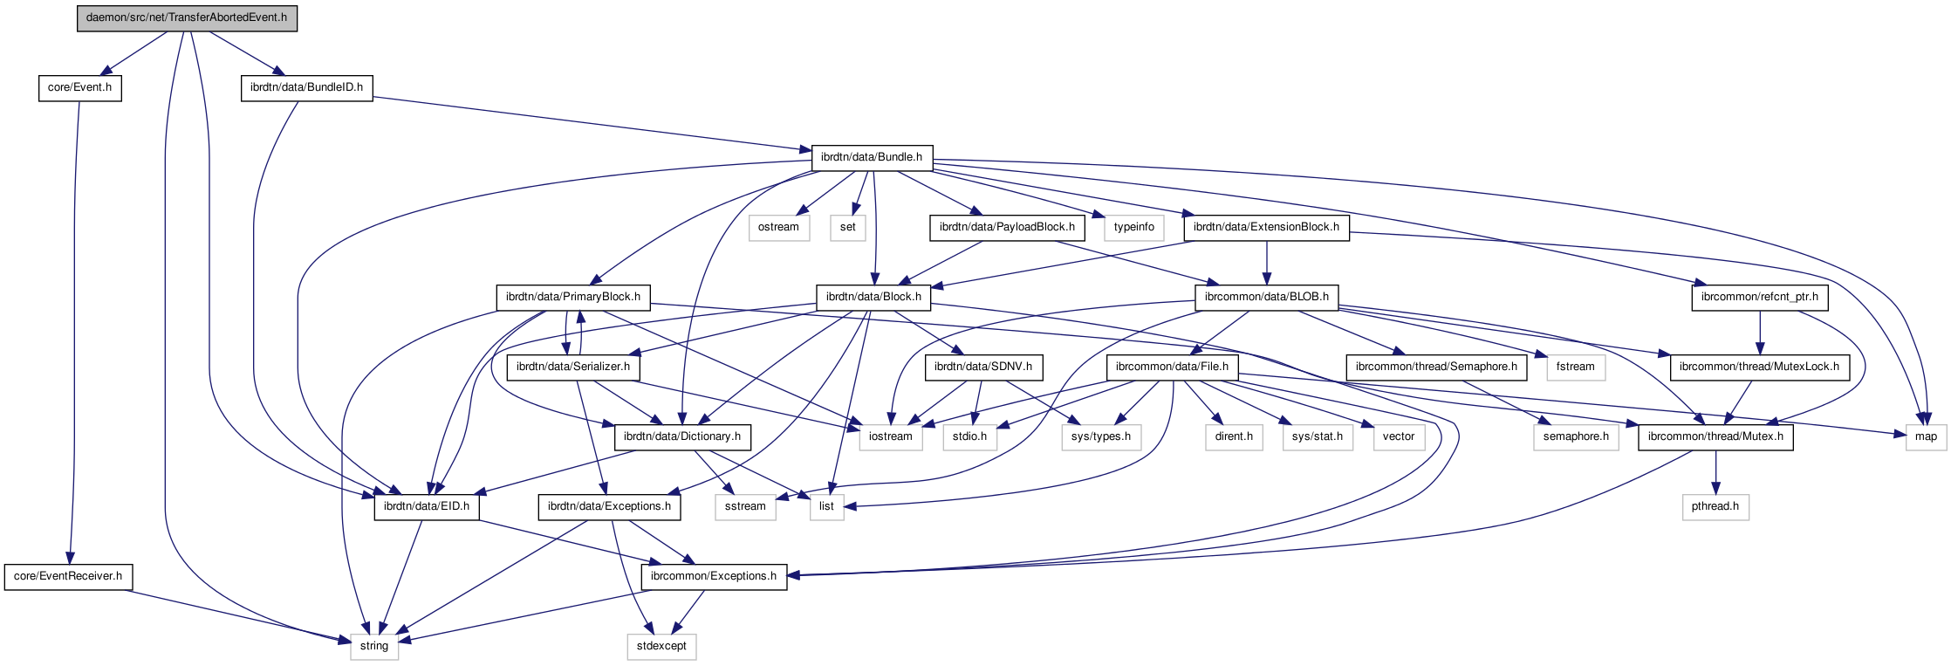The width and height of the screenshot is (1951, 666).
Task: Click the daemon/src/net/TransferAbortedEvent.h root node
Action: (187, 17)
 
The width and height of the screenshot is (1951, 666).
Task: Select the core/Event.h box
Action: (79, 87)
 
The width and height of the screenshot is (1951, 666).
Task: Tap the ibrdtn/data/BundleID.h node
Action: (306, 87)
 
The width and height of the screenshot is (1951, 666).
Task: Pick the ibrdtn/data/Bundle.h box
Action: (872, 157)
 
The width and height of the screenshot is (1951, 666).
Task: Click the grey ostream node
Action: (778, 227)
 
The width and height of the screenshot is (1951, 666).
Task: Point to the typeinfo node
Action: (1133, 227)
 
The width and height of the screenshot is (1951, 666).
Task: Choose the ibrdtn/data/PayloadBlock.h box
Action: (1007, 227)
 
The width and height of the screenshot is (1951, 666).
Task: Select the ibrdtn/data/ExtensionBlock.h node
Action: (1266, 227)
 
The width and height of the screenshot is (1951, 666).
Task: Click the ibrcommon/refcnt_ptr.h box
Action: (1760, 297)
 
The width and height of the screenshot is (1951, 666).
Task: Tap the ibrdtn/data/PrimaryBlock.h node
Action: (573, 297)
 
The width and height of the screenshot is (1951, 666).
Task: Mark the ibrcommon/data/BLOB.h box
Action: (1266, 297)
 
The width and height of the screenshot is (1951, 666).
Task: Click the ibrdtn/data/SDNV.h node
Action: (983, 367)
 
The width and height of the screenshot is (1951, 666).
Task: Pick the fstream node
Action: (1575, 367)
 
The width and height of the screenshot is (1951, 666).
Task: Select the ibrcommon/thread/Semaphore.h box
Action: (1436, 367)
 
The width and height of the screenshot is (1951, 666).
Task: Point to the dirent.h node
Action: (1234, 436)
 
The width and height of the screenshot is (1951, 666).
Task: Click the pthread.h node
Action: (1715, 506)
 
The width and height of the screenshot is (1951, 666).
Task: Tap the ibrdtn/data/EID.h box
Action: (427, 506)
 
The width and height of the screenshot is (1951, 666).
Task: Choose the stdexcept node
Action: (661, 646)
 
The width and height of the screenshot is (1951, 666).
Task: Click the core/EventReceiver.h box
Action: (68, 576)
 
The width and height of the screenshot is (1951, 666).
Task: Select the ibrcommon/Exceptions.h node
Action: (714, 576)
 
